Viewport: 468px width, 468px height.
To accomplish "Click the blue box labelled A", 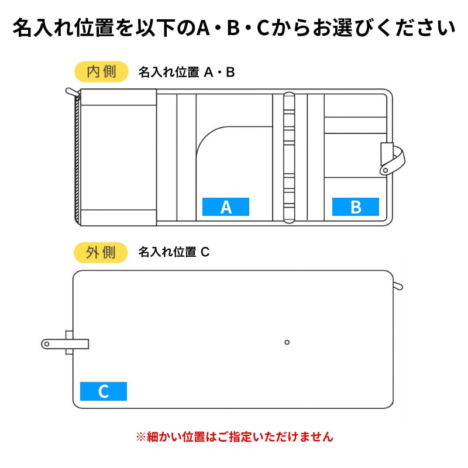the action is (x=226, y=207).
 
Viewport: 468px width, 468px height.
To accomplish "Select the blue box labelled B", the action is (x=356, y=207).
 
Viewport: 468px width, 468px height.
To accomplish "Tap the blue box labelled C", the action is (x=104, y=391).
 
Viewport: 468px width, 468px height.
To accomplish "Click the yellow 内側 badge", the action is (x=101, y=71).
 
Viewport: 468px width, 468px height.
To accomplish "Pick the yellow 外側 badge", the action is (x=101, y=253).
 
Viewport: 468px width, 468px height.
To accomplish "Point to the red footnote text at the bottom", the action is (x=235, y=436).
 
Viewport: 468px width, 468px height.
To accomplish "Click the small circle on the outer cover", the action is (x=287, y=342).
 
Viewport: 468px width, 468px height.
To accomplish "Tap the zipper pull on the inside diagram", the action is (x=73, y=92).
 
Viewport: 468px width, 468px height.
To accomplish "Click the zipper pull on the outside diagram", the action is (x=398, y=285).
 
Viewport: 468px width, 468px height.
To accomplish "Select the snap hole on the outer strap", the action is (x=47, y=344).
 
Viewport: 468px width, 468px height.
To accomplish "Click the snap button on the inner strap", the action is (x=386, y=170).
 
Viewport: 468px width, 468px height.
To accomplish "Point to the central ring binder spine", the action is (x=289, y=157).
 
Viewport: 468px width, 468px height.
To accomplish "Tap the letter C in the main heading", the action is (x=263, y=27).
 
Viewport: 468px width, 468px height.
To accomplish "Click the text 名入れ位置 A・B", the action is (x=187, y=72).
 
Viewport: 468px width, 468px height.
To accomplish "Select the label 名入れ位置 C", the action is (x=174, y=252).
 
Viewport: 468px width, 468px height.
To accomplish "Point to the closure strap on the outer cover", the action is (x=65, y=344).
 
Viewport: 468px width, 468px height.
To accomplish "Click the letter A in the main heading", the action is (x=203, y=27).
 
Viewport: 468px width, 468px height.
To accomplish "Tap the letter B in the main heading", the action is (x=233, y=27).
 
